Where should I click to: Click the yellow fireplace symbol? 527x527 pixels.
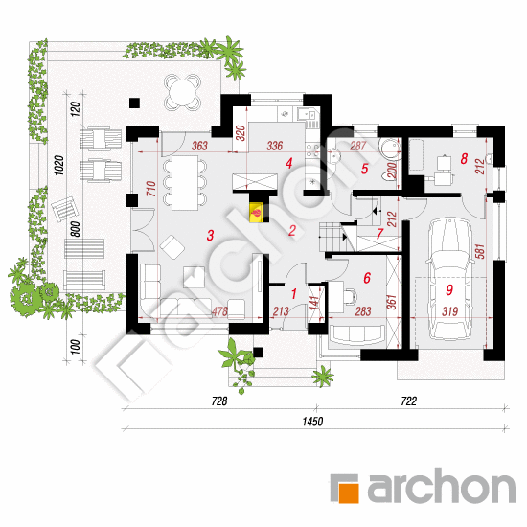pyautogui.click(x=256, y=212)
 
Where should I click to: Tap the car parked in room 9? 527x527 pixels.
pyautogui.click(x=449, y=279)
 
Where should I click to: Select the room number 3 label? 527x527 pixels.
pyautogui.click(x=211, y=236)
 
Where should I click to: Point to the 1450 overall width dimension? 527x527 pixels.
pyautogui.click(x=312, y=422)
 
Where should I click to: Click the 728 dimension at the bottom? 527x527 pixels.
pyautogui.click(x=219, y=401)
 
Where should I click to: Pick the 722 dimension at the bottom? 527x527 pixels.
pyautogui.click(x=409, y=401)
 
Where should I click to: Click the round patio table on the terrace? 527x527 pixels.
pyautogui.click(x=182, y=91)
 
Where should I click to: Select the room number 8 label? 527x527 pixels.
pyautogui.click(x=464, y=159)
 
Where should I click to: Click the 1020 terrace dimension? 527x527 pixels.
pyautogui.click(x=59, y=165)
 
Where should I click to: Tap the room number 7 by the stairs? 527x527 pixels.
pyautogui.click(x=379, y=234)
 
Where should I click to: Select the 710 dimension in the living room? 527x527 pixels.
pyautogui.click(x=151, y=189)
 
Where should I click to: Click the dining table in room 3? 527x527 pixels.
pyautogui.click(x=185, y=183)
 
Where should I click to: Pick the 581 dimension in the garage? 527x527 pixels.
pyautogui.click(x=481, y=251)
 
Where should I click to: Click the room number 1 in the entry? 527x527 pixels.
pyautogui.click(x=294, y=294)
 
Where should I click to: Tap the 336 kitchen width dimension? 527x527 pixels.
pyautogui.click(x=275, y=146)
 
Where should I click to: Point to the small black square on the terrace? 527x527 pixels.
pyautogui.click(x=134, y=103)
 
